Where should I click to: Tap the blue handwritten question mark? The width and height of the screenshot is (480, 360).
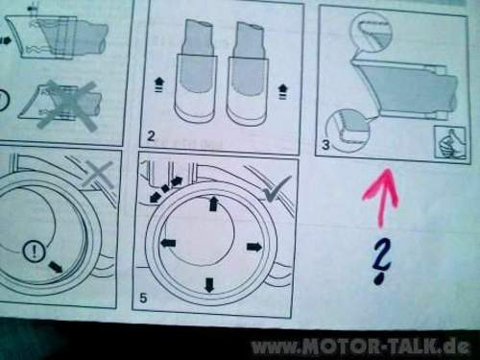pos(381,260)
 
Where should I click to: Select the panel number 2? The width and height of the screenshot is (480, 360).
pos(151,136)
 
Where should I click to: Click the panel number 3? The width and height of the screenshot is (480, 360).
pos(325,145)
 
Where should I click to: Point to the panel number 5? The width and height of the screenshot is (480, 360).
pos(143,298)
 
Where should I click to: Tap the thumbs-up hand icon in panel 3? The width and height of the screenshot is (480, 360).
pos(449,143)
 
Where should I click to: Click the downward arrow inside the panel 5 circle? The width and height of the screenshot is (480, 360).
pos(209,285)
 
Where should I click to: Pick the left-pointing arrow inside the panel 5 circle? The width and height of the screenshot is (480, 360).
pos(168,243)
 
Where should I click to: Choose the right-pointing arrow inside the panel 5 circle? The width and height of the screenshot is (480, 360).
pos(254,247)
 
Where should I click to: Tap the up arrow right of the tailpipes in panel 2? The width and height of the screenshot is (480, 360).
pos(282,91)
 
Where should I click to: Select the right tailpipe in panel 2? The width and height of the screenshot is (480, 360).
pos(248,73)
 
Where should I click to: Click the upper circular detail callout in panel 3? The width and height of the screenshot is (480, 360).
pos(371,32)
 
